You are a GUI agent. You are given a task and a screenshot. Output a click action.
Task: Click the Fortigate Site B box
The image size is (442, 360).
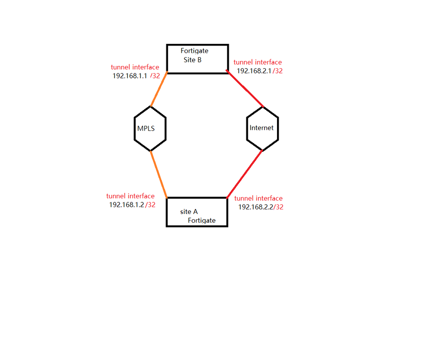[x=197, y=59]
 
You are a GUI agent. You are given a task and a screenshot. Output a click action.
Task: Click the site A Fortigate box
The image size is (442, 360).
[x=197, y=212]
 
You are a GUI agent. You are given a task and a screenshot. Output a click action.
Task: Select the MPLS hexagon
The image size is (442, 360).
[x=150, y=128]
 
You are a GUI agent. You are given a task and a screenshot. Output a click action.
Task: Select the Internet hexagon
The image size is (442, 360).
[x=262, y=128]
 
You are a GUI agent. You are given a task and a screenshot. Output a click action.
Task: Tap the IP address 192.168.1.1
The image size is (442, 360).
[x=130, y=76]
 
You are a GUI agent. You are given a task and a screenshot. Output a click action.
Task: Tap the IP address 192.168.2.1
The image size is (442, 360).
[x=254, y=70]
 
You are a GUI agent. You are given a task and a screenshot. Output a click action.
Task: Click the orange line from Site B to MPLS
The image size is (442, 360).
[x=159, y=89]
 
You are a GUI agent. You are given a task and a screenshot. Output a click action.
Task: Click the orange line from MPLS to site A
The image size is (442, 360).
[x=159, y=174]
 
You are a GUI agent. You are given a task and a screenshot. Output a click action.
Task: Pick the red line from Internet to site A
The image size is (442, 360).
[x=245, y=174]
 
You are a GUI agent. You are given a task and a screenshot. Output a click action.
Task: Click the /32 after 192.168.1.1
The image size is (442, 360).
[x=155, y=76]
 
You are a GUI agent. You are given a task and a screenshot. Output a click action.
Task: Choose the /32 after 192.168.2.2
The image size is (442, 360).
[x=279, y=207]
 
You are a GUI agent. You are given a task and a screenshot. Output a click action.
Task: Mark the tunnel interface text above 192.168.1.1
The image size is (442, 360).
[x=135, y=67]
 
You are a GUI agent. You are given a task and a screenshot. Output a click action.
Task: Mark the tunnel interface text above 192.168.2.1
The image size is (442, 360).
[x=258, y=62]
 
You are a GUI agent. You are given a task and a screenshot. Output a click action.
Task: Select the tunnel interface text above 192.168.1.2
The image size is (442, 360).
[x=131, y=196]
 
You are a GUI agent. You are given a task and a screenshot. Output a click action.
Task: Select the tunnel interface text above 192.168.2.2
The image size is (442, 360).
[x=258, y=198]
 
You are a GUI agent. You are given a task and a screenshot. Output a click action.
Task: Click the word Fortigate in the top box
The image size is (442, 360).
[x=195, y=51]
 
